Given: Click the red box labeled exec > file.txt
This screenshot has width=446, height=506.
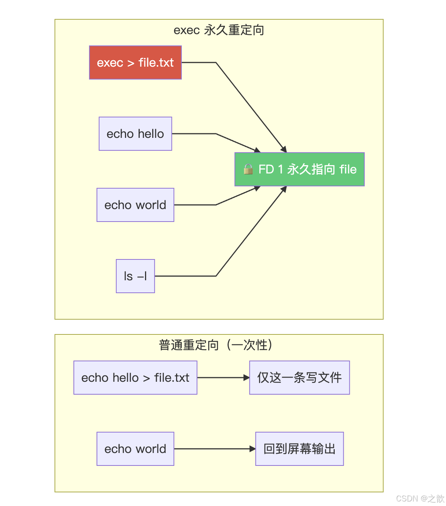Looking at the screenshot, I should (x=135, y=62).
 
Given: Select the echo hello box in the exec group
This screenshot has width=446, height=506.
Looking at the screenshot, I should (x=135, y=134).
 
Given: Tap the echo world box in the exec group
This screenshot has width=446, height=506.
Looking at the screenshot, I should (x=135, y=205).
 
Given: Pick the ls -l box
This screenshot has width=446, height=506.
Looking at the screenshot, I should (x=135, y=276).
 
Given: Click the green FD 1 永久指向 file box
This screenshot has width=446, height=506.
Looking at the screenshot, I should (x=299, y=169).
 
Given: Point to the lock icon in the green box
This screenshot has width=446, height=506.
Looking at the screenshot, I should (x=248, y=169).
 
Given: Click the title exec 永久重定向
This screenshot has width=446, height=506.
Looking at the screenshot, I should (x=219, y=30).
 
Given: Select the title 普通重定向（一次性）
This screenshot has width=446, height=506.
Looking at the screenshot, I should (x=216, y=345).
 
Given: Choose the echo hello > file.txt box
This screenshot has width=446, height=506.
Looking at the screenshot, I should (x=135, y=378).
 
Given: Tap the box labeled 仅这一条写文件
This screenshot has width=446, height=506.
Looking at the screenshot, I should (x=299, y=378).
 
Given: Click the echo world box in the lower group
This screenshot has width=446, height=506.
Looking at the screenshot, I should (x=135, y=449).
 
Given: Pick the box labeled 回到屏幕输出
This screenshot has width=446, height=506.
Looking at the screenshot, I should (x=299, y=449).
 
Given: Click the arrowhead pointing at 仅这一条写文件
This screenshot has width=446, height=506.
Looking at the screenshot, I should (x=246, y=378).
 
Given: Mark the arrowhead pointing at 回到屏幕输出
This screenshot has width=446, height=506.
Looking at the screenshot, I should (x=253, y=449).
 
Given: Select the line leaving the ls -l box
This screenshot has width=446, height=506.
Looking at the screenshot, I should (x=186, y=276).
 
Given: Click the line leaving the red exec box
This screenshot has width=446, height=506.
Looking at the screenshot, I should (x=199, y=62).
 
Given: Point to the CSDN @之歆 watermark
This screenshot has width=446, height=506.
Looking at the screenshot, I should (x=420, y=498).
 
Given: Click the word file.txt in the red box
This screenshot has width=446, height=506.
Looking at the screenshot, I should (x=156, y=62).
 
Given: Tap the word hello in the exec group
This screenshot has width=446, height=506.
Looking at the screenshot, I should (x=151, y=134).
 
